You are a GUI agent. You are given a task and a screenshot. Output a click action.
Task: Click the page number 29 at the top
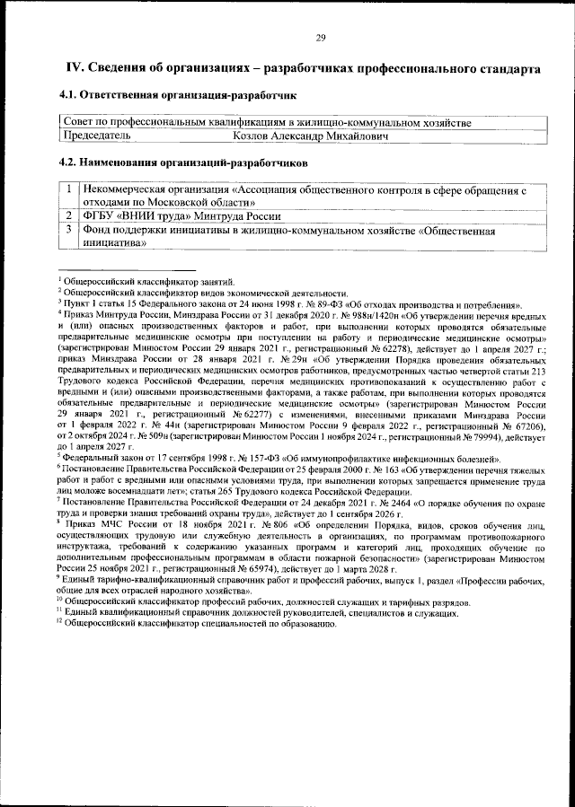(320, 38)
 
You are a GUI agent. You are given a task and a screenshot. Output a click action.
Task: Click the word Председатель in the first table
(95, 136)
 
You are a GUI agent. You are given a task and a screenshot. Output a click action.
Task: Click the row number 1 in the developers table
(68, 190)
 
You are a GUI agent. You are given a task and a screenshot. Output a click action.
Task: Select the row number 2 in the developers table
(68, 216)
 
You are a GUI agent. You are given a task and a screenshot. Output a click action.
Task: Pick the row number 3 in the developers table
(68, 230)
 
